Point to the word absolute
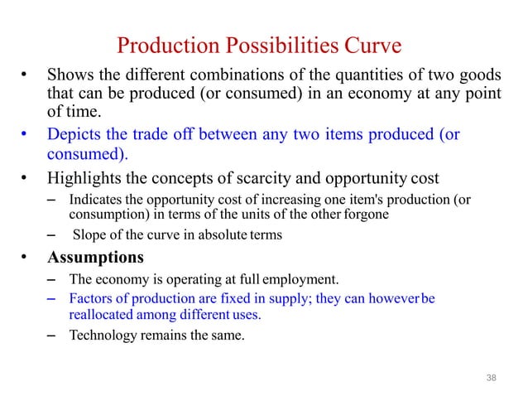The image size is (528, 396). [x=211, y=235]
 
